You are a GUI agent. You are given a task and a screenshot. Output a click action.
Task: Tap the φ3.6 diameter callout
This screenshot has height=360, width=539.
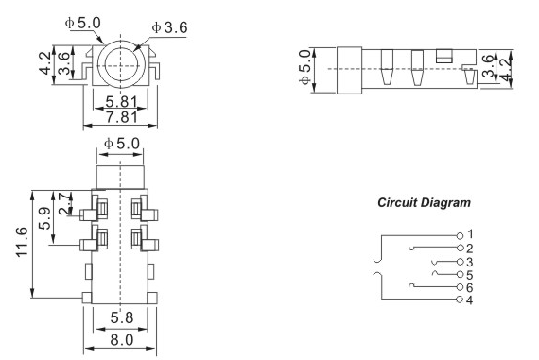pos(171,27)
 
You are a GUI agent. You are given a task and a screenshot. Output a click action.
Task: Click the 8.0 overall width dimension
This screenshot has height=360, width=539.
pos(120,339)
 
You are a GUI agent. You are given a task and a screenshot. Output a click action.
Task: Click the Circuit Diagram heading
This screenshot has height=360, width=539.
pos(424,203)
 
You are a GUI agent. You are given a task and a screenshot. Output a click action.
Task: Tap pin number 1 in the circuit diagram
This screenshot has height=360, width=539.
pos(470,234)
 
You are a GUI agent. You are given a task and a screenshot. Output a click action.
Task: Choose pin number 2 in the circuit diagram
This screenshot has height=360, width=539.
pos(470,248)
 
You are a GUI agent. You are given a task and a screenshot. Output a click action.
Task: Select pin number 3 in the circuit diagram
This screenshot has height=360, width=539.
pos(470,261)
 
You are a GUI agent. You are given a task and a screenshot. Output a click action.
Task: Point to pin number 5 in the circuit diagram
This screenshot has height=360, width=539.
pos(470,273)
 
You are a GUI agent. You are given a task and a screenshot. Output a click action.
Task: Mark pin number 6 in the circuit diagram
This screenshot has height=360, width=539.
pos(470,286)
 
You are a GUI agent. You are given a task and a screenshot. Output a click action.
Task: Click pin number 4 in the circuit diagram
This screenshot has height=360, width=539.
pos(470,300)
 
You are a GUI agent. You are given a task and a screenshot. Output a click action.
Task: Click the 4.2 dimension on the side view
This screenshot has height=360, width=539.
pos(516,69)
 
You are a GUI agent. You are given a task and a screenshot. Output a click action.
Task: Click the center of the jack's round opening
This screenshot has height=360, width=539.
pos(121,64)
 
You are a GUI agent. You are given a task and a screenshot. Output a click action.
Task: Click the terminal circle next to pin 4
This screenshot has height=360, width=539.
pos(460,300)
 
